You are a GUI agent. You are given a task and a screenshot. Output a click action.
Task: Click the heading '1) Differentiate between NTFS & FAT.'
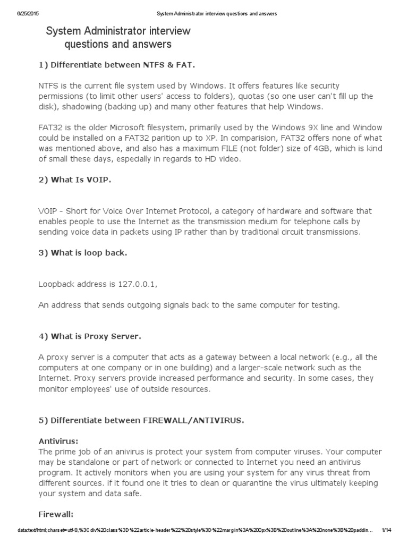tap(116, 65)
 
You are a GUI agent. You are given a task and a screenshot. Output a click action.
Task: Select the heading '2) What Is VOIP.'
tap(75, 180)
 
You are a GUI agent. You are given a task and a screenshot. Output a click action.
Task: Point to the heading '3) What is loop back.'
tap(82, 253)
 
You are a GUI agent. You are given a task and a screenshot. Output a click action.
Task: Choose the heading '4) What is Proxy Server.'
tap(89, 336)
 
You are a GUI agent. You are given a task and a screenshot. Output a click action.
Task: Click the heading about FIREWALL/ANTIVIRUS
tap(141, 420)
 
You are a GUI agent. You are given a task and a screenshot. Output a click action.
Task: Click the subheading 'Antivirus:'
tap(58, 441)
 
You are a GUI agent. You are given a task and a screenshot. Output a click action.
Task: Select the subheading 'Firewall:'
tap(56, 514)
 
